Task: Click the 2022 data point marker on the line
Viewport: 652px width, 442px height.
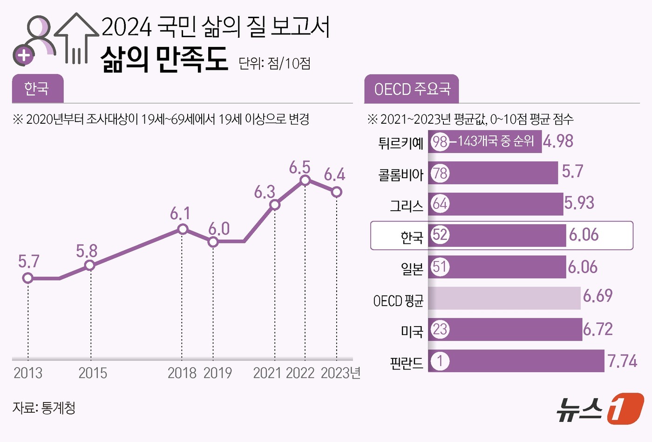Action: [305, 180]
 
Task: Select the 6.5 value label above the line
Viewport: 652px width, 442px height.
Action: [299, 167]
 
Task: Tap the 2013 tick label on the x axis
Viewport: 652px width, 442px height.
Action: [28, 373]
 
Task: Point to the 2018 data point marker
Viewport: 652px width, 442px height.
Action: [183, 229]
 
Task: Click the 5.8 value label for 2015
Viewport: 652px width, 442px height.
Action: [87, 251]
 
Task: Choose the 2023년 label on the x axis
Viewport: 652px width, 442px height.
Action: [340, 373]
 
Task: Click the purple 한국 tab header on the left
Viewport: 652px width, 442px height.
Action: [37, 88]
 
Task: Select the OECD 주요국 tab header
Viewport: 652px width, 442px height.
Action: [412, 89]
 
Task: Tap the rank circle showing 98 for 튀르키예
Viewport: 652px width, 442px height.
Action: [440, 141]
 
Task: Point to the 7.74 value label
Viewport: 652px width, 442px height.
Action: [622, 361]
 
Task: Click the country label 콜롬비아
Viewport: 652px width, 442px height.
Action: [401, 175]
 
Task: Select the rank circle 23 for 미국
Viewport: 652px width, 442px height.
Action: [440, 329]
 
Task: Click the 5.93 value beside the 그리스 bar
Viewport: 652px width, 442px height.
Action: [579, 203]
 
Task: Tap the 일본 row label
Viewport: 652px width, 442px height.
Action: [412, 268]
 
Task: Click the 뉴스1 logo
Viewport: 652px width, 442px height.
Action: [600, 409]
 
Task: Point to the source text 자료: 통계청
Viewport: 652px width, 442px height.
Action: [44, 408]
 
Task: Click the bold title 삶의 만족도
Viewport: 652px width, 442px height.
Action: [164, 60]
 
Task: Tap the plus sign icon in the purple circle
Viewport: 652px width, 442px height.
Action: [24, 56]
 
